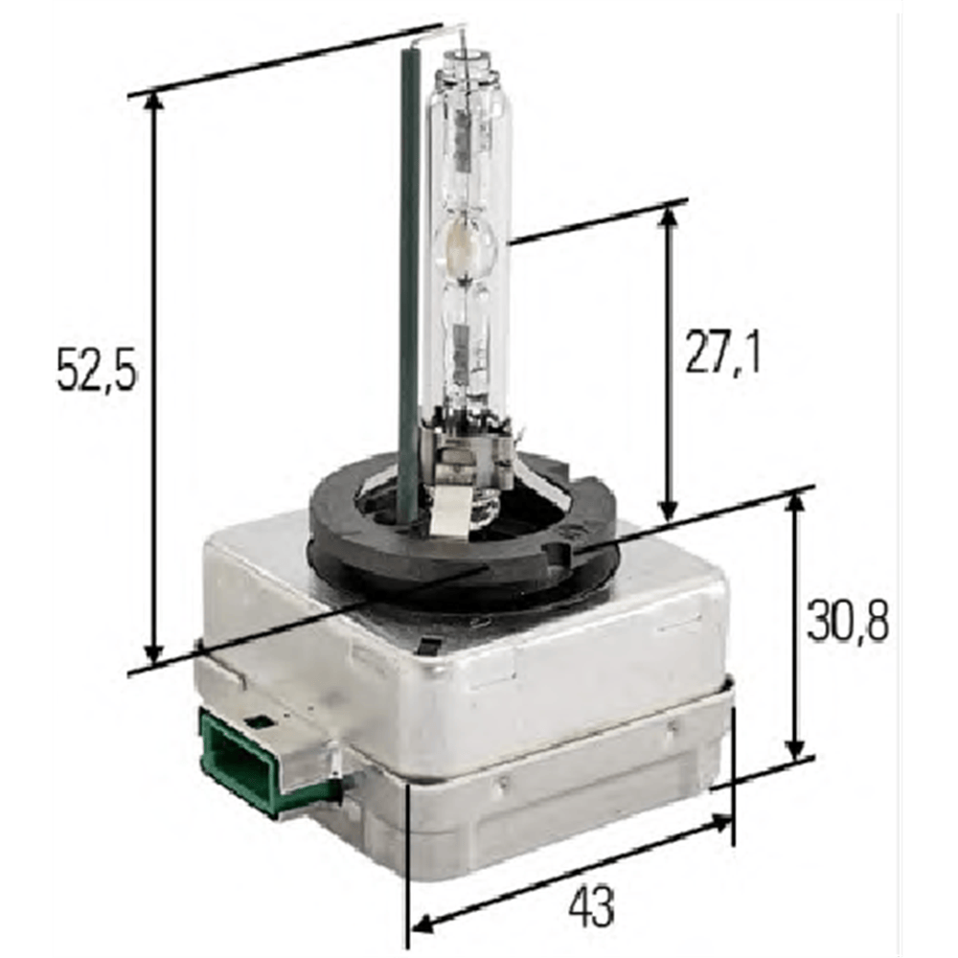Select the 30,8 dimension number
(848, 620)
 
